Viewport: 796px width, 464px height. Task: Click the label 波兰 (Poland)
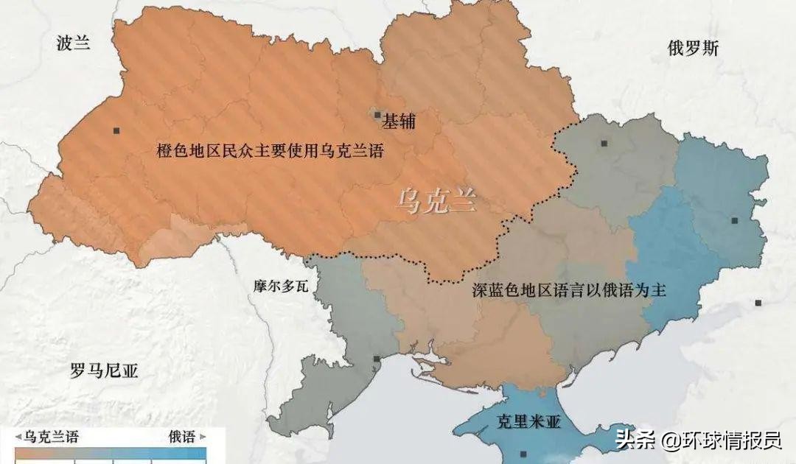click(x=73, y=43)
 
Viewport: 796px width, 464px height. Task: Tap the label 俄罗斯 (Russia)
click(x=693, y=49)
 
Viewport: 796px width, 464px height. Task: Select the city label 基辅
click(x=399, y=122)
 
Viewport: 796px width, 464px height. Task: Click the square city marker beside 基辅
click(x=377, y=115)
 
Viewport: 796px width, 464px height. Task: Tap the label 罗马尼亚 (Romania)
click(x=104, y=370)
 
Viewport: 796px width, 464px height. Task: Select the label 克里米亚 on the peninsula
click(x=528, y=422)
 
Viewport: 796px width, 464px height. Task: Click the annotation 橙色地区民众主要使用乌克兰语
click(x=270, y=151)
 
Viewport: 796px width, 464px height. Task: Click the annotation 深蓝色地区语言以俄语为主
click(x=569, y=290)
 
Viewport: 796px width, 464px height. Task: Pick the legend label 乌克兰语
click(x=51, y=437)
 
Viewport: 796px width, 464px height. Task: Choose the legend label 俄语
click(x=181, y=437)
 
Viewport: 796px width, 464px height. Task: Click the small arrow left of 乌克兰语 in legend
click(x=19, y=437)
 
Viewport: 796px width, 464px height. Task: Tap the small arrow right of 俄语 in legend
click(x=201, y=437)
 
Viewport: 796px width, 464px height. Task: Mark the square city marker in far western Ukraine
click(x=116, y=131)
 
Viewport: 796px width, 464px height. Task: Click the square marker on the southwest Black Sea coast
click(x=377, y=359)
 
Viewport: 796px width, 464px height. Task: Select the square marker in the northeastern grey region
click(x=604, y=144)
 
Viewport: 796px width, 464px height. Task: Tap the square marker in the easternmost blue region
click(x=734, y=220)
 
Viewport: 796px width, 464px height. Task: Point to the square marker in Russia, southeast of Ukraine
click(x=758, y=303)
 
